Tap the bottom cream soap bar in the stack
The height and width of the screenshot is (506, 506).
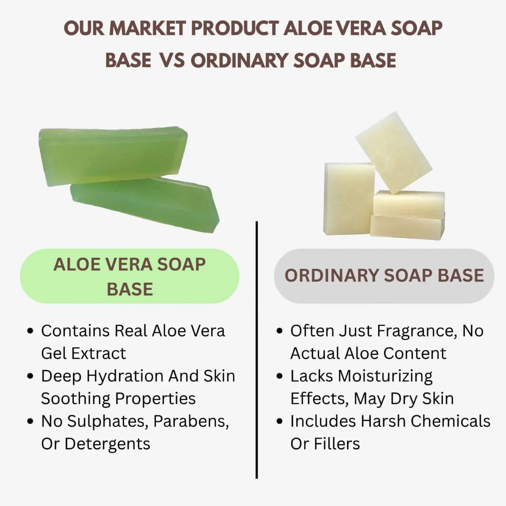[407, 227]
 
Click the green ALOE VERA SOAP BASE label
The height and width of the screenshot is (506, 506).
[130, 276]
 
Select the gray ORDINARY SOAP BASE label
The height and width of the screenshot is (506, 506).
[384, 276]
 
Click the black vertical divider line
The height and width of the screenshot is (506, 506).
[257, 350]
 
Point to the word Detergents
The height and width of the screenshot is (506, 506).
[107, 444]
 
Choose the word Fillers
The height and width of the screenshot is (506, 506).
[337, 444]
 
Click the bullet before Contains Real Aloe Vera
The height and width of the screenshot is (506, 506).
[30, 331]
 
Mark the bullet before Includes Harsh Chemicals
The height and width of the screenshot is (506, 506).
[279, 421]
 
